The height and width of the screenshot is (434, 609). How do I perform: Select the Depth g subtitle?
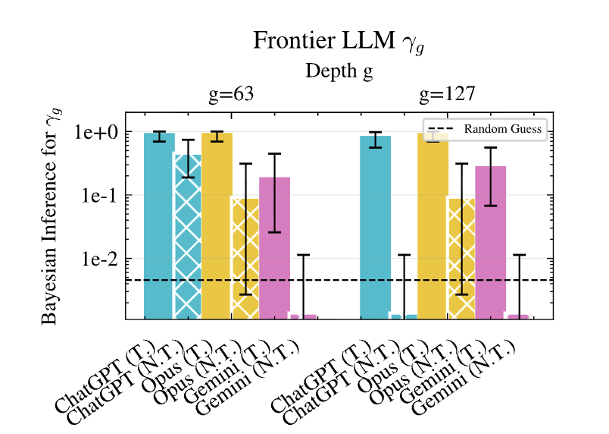point(339,71)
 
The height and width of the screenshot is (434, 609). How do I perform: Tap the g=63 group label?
point(230,95)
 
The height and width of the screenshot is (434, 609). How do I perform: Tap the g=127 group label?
point(447,95)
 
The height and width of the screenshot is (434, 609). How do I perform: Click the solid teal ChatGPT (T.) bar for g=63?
point(159,228)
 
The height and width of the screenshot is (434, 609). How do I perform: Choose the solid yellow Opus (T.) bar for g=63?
point(217,228)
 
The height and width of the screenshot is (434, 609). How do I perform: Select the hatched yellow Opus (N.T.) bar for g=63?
point(245,258)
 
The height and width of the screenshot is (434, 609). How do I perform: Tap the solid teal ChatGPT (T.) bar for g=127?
point(375,228)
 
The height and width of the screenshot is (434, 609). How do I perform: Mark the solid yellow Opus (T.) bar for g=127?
point(433,228)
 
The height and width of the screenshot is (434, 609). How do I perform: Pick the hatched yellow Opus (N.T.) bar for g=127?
point(461,258)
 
